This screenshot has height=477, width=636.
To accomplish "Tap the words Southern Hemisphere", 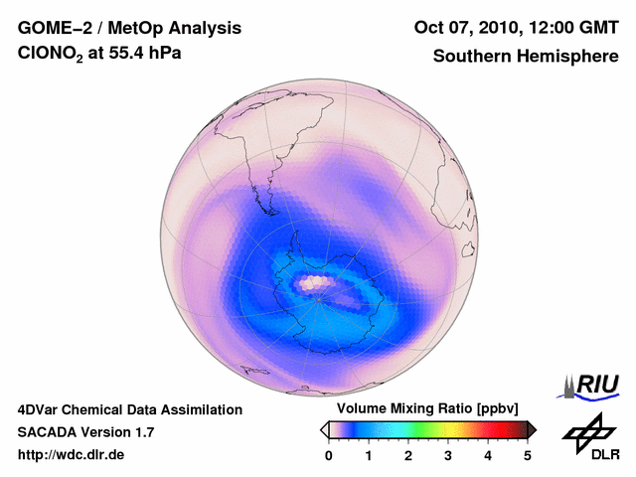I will click(526, 57).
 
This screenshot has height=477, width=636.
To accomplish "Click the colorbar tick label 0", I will click(329, 455).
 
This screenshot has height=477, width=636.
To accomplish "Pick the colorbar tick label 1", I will click(369, 455).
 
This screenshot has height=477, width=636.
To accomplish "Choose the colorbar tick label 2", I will click(408, 455).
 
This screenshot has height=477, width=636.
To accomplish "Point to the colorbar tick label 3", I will click(448, 455).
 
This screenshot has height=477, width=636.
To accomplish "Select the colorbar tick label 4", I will click(488, 455).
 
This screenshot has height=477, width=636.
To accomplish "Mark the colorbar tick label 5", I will click(528, 455).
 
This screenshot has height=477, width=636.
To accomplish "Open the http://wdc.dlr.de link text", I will click(72, 455).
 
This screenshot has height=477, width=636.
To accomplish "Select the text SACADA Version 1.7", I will click(85, 432).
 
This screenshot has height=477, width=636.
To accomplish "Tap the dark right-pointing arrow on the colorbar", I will click(532, 429).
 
